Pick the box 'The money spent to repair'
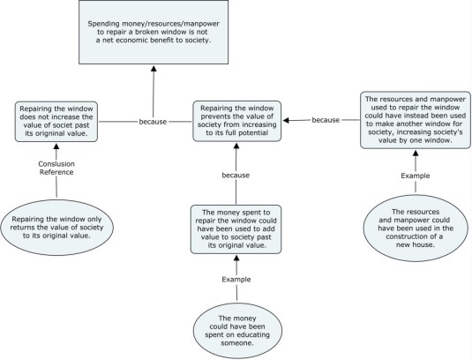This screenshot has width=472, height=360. click(x=237, y=229)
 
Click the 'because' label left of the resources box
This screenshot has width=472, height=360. click(x=326, y=120)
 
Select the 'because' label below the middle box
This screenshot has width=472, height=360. click(x=236, y=176)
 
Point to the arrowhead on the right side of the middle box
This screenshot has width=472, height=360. click(x=288, y=120)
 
